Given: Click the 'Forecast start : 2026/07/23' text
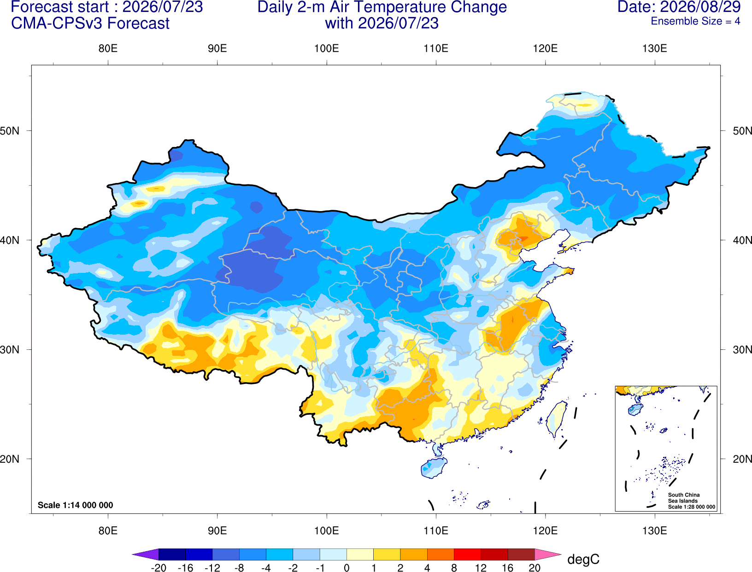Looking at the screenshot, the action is [x=107, y=7].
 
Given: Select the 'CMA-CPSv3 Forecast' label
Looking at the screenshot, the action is [x=90, y=24].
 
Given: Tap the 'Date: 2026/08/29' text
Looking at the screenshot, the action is [x=679, y=7].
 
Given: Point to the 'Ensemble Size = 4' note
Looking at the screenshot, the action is [x=695, y=21].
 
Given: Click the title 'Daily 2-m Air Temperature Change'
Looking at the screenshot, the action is [x=382, y=7].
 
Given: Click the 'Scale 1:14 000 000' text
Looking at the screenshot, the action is [x=76, y=505].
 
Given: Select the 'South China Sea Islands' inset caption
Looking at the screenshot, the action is [x=684, y=498].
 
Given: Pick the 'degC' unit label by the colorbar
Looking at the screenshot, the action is [x=583, y=559].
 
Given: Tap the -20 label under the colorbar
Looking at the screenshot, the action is [x=159, y=568].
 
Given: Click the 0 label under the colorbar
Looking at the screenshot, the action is [x=347, y=568].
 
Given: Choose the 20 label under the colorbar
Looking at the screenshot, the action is [x=535, y=568].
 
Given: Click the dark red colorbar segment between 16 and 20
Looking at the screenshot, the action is [x=521, y=554].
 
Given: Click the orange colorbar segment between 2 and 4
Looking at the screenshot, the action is [x=414, y=554].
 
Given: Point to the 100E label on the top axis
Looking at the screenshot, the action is [x=327, y=48].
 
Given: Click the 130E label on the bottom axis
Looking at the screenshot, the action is [x=655, y=531].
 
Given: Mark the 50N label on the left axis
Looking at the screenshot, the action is [x=10, y=130].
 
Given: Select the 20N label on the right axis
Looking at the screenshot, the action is [x=742, y=459].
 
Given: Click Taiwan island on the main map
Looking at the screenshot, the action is [x=556, y=419].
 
